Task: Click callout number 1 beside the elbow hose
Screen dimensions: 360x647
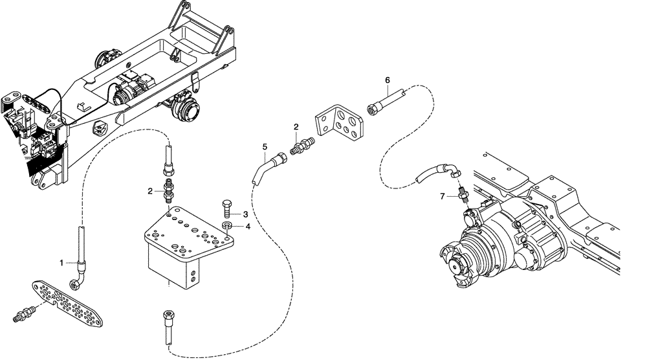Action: click(x=62, y=262)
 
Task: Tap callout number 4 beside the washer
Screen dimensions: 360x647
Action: click(x=247, y=227)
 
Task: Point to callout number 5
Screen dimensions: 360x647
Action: click(x=264, y=147)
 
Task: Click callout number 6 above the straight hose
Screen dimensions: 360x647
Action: click(x=387, y=80)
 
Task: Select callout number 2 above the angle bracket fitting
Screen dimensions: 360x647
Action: click(x=296, y=128)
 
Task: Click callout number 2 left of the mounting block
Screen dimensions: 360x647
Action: click(x=150, y=191)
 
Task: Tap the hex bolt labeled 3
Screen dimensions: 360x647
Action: click(x=227, y=208)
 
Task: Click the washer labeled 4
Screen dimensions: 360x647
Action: click(x=227, y=225)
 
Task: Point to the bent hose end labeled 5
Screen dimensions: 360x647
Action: click(x=267, y=166)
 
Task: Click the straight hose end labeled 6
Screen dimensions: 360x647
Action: click(x=386, y=100)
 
